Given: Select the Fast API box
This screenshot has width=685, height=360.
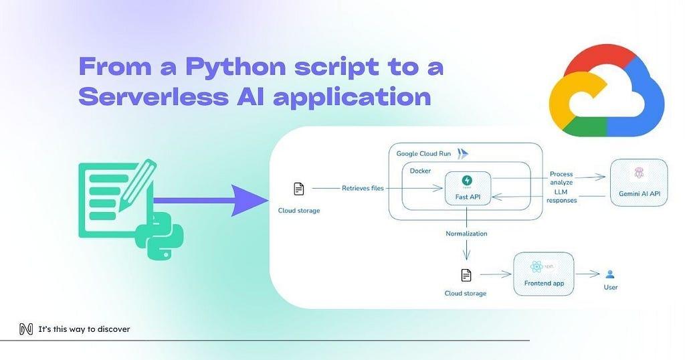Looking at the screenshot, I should (468, 188).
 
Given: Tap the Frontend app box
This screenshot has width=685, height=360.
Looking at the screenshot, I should (543, 274).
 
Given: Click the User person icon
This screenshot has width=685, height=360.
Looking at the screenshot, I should (609, 274).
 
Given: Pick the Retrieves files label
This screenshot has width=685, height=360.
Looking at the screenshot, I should (363, 189).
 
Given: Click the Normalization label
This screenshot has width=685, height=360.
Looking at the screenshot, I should (466, 234).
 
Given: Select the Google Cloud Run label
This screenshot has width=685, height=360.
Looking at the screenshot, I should (423, 154).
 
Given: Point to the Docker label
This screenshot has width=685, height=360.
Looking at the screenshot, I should (421, 171).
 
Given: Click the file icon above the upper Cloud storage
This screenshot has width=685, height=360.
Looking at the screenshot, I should (299, 189).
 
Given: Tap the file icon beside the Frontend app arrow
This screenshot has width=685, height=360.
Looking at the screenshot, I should (466, 275).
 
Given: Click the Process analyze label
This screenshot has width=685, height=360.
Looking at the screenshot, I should (561, 179).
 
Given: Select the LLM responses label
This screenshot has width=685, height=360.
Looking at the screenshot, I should (561, 196).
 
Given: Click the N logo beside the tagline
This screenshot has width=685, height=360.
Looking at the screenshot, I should (26, 329).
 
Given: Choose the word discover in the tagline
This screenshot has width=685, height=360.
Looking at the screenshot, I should (114, 329).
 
